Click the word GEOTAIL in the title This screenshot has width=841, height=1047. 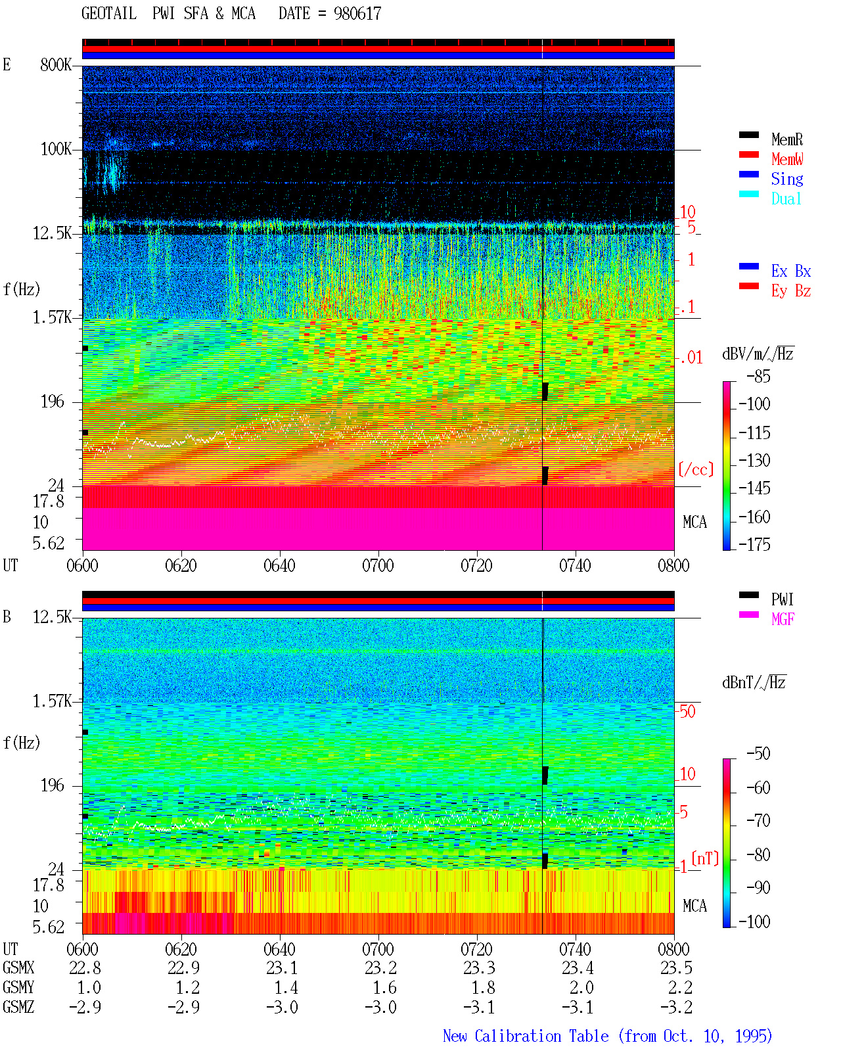[109, 14]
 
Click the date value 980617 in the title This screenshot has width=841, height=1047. [357, 14]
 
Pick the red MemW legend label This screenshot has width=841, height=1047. [787, 159]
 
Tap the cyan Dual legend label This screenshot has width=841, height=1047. [786, 198]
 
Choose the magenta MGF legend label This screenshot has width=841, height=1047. [783, 619]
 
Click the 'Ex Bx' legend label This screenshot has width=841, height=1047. [791, 271]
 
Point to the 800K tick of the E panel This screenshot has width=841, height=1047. [56, 64]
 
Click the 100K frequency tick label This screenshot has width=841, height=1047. [56, 149]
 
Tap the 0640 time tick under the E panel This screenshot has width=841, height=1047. [280, 565]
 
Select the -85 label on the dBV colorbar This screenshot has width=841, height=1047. [758, 376]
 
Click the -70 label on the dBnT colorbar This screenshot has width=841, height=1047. [758, 820]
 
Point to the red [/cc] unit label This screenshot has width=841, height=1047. [696, 469]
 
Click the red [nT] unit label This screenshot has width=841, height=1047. [705, 858]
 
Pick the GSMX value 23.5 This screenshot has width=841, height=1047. [676, 967]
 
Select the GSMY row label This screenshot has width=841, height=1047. [18, 987]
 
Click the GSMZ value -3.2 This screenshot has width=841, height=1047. [676, 1007]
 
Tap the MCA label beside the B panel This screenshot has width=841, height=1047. [694, 906]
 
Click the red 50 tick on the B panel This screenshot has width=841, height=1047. [687, 711]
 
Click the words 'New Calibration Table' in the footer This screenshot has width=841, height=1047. [526, 1036]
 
